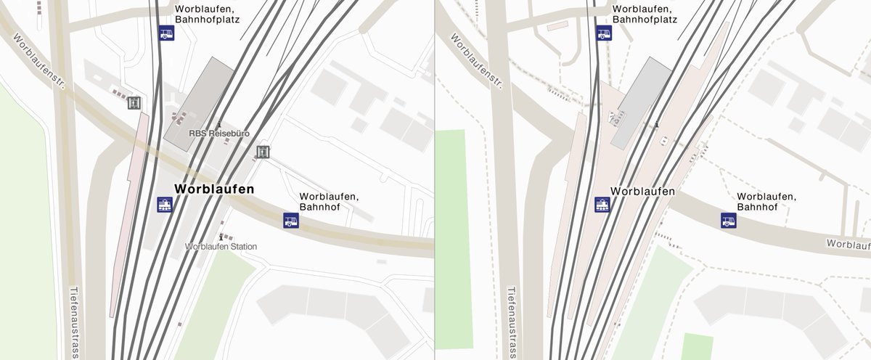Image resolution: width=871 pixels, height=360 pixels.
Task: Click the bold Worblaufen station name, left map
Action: tap(214, 189)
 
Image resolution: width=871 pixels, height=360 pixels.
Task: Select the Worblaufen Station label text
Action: tap(221, 247)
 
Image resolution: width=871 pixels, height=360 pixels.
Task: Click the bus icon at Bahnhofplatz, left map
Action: tap(167, 33)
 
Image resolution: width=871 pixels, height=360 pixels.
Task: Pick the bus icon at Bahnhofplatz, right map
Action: tap(604, 33)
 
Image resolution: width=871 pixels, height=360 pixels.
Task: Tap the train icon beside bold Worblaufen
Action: tap(165, 205)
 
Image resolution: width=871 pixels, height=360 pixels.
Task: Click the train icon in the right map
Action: tap(602, 205)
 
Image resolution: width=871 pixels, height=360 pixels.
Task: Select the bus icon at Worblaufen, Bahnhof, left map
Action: tap(291, 220)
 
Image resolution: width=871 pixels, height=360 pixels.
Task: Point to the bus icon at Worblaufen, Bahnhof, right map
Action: tap(729, 220)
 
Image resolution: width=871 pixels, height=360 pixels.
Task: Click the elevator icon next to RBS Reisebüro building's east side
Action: tap(263, 152)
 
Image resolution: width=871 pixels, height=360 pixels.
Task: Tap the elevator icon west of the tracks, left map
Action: tap(134, 103)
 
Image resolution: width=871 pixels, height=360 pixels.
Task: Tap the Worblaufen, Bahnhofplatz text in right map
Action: tap(645, 14)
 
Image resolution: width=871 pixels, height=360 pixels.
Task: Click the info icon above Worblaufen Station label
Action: tap(222, 237)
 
